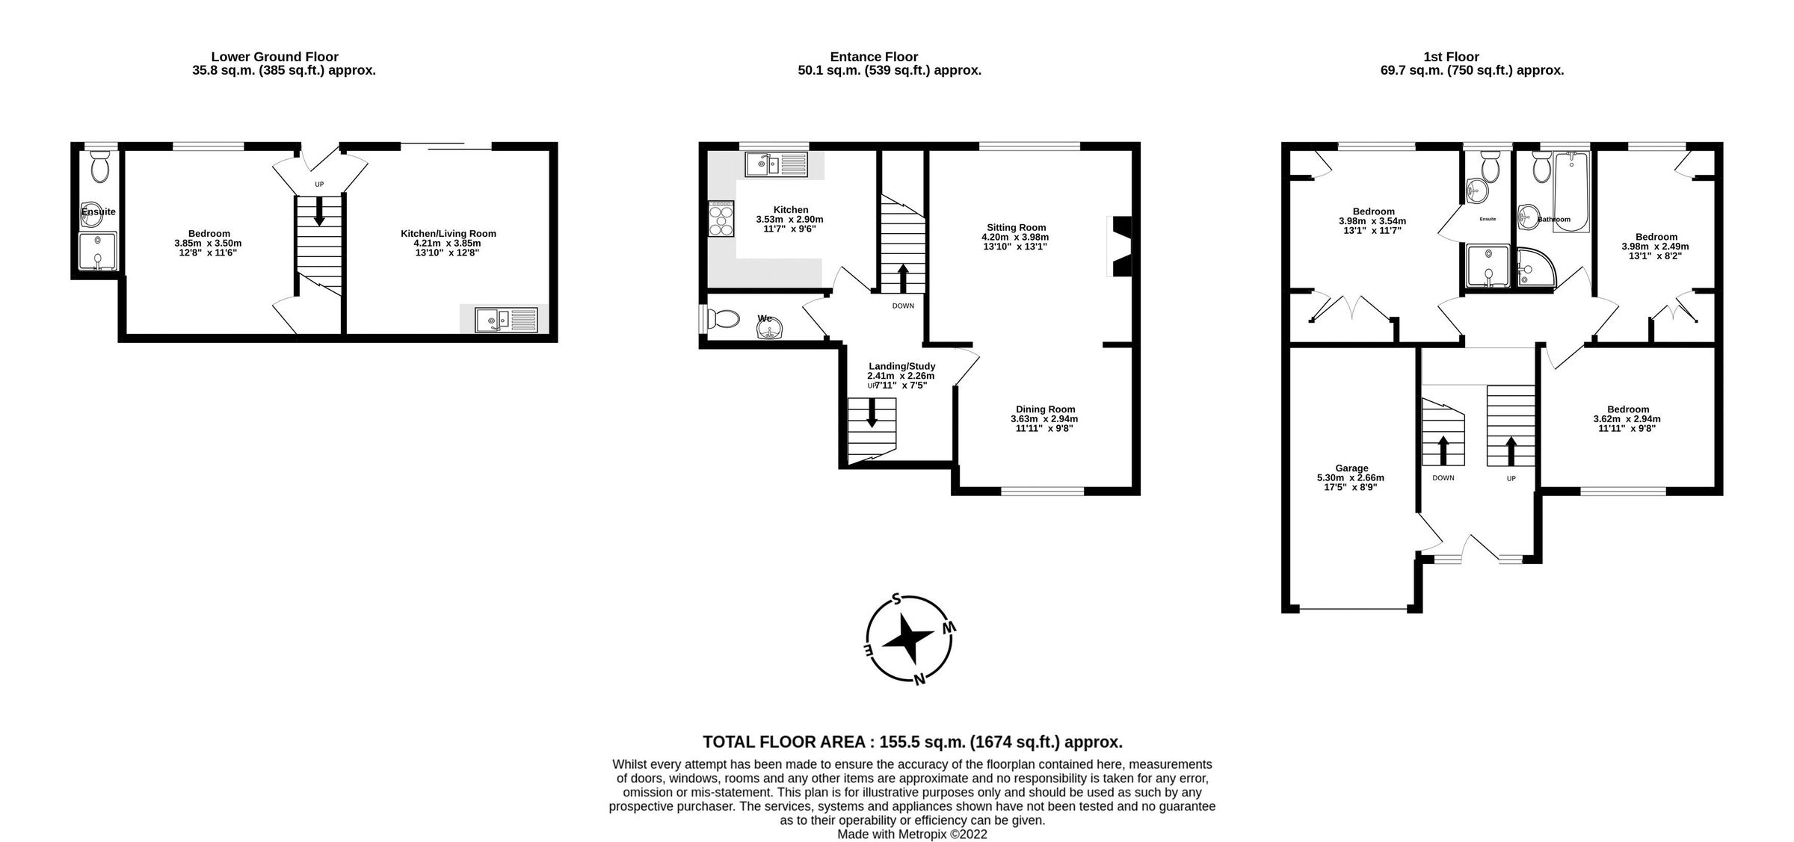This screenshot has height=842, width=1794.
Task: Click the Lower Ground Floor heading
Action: coord(274,57)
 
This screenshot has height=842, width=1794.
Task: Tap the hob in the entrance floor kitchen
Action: coord(721,219)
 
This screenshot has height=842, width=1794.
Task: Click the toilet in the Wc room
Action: coord(723,320)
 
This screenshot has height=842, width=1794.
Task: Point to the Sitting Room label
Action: coord(1016,227)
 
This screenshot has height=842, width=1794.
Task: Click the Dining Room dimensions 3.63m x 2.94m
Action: coord(1044,419)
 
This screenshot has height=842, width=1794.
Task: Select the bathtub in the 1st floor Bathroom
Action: coord(1571,191)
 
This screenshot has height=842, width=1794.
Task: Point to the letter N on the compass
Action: coord(920,678)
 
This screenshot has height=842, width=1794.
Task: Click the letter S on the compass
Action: coord(896,598)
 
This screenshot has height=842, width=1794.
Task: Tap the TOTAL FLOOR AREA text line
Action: coord(912,742)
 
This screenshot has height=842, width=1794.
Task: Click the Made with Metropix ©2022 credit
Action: coord(912,834)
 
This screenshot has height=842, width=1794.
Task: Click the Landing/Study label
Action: coord(901,366)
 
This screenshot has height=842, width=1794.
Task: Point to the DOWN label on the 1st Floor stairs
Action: coord(1443,477)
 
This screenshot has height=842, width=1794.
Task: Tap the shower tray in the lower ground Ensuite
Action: coord(98,252)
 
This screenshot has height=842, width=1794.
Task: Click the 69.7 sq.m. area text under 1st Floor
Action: coord(1471,71)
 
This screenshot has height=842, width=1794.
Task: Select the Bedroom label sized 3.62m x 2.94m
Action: coord(1628,409)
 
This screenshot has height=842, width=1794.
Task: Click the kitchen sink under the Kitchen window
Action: coord(776,164)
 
